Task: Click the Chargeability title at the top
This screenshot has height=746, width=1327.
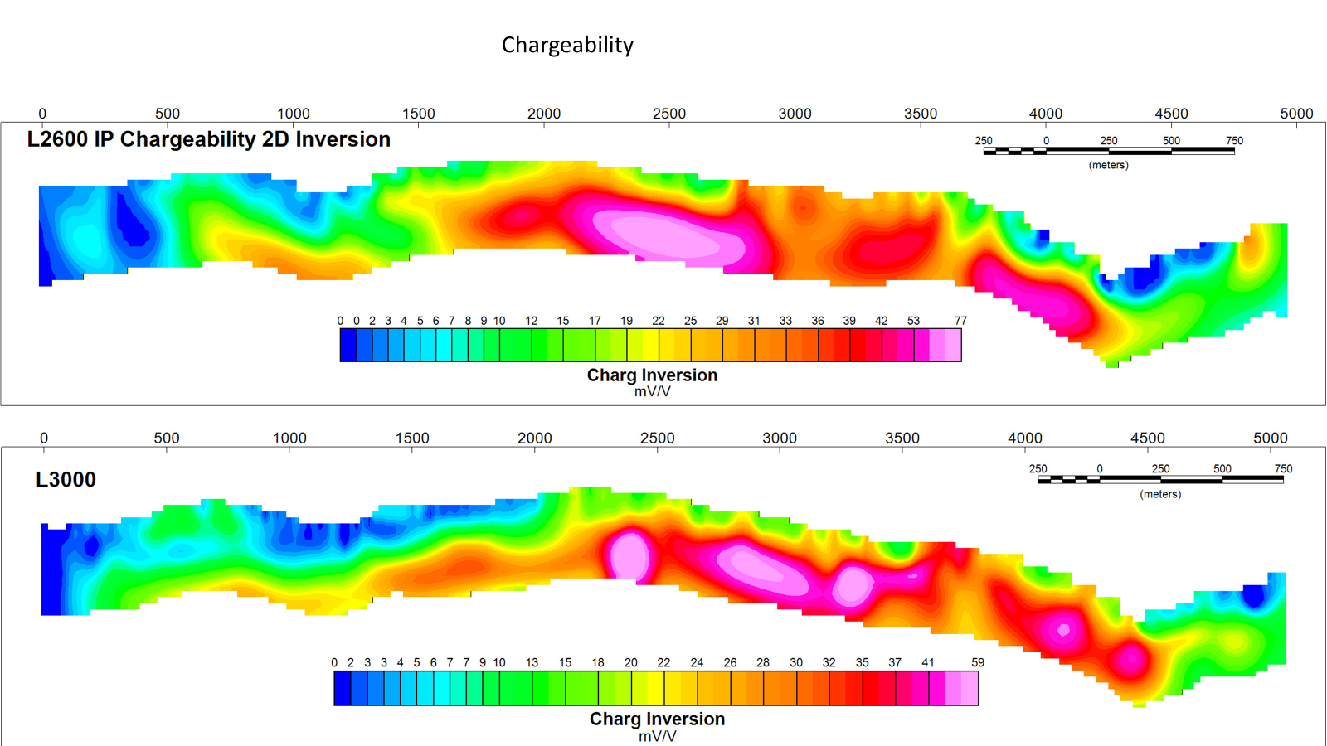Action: coord(567,46)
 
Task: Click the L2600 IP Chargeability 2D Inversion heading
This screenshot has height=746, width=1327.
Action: coord(208,139)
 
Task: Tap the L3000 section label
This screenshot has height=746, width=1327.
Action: coord(66,479)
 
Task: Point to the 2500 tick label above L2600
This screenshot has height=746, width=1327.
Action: coord(668,114)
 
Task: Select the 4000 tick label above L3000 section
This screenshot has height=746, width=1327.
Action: coord(1025,438)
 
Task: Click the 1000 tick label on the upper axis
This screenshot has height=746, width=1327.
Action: coord(294,114)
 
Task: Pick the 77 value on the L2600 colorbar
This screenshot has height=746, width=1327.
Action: coord(960,321)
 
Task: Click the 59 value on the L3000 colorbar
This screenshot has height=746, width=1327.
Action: coord(978,662)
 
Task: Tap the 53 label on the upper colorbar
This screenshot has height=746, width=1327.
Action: coord(913,321)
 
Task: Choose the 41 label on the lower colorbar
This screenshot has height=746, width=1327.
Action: coord(928,662)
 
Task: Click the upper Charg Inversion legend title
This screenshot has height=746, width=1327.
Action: coord(652,375)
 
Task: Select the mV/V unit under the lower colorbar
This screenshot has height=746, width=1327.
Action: coord(657,737)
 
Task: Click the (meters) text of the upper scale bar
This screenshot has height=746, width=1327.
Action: coord(1108,165)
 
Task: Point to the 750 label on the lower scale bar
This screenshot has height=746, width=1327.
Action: coord(1283,469)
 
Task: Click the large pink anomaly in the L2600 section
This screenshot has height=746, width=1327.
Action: coord(669,238)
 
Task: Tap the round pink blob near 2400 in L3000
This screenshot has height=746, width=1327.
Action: coord(629,555)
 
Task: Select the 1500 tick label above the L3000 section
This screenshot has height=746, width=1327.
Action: coord(411,438)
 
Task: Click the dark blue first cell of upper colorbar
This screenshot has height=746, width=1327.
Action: coord(348,345)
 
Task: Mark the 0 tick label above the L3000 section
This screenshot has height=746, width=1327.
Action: coord(44,438)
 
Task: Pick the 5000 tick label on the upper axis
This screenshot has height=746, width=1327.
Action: coord(1296,114)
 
